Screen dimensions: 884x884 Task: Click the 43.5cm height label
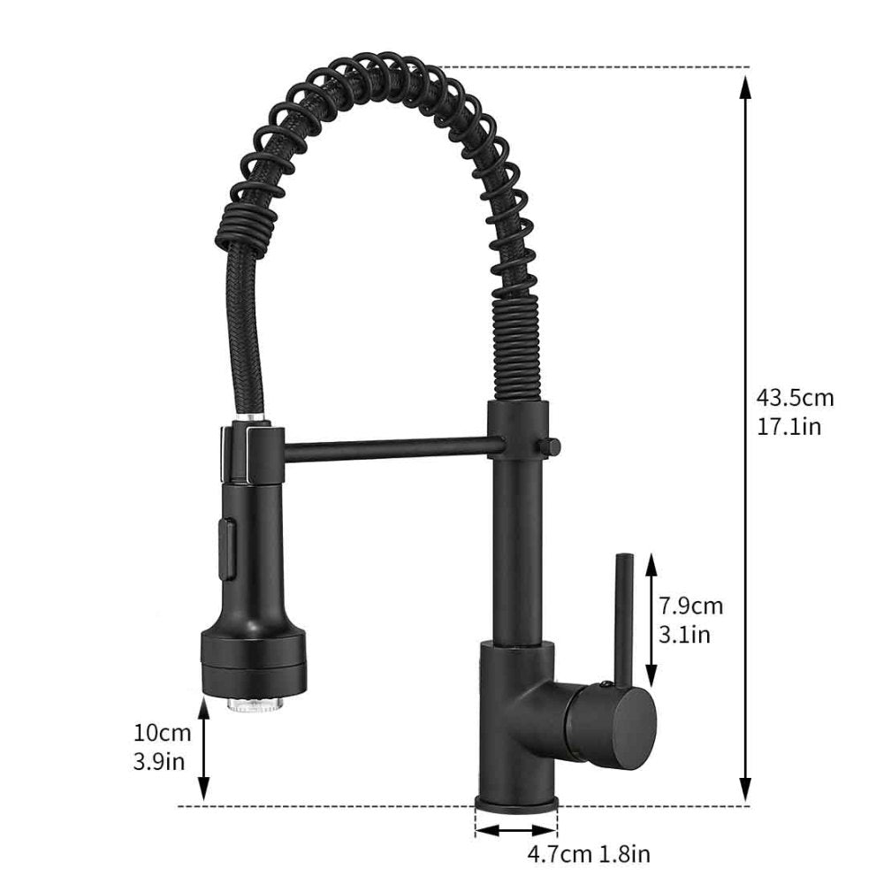[x=794, y=398]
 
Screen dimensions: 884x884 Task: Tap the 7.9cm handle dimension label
[x=690, y=606]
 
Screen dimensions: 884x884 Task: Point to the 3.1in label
[x=684, y=634]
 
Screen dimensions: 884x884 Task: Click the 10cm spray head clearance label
[x=162, y=733]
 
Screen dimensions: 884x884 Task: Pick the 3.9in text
[x=160, y=760]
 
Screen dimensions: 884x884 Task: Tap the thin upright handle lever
[x=624, y=619]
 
